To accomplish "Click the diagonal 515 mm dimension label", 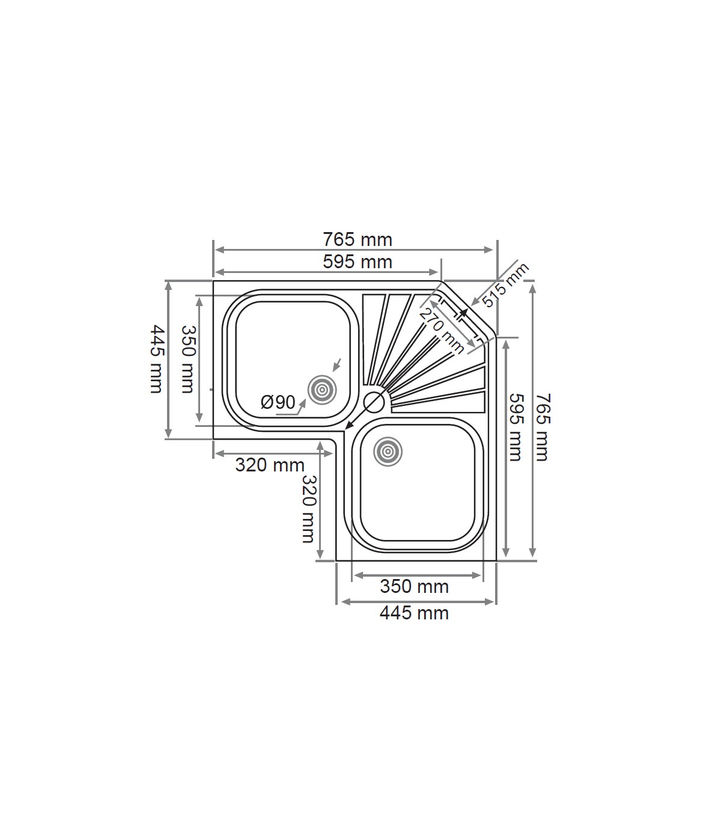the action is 505,284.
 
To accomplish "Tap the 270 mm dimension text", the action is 442,331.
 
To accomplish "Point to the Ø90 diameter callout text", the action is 278,402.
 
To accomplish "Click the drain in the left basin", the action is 322,390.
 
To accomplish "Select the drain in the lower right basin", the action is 388,452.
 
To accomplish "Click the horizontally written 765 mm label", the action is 357,240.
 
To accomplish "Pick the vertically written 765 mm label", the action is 543,428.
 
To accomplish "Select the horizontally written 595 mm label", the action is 357,262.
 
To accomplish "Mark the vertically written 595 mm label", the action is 516,428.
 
